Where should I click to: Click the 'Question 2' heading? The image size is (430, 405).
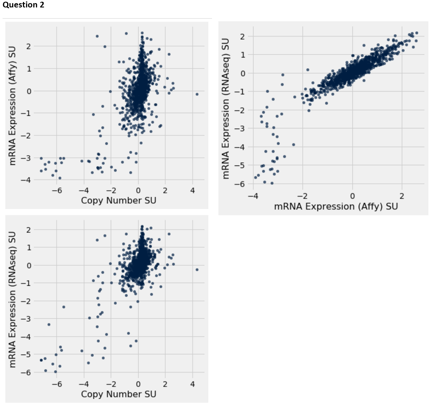pos(24,5)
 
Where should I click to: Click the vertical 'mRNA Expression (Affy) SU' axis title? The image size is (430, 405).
pos(12,106)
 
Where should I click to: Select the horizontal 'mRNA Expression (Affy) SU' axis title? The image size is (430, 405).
pos(336,206)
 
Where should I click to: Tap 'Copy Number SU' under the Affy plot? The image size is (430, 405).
pos(118,200)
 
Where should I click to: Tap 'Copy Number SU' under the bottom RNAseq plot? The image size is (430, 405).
pos(118,394)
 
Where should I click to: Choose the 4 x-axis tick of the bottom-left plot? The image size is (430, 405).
pos(192,384)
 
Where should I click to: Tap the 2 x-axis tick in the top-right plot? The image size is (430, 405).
pos(402,196)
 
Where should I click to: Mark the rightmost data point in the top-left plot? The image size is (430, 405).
pos(197,94)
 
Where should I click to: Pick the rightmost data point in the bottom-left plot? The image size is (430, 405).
pos(197,270)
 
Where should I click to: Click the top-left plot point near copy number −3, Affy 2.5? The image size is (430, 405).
pos(97,36)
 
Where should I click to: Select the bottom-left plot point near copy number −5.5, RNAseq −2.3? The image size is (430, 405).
pos(64,307)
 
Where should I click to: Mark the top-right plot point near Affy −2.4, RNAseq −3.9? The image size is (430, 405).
pos(293,145)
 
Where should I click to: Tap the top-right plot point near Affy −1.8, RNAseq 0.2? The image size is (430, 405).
pos(308,70)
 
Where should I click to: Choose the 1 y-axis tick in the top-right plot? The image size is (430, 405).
pos(243,55)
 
